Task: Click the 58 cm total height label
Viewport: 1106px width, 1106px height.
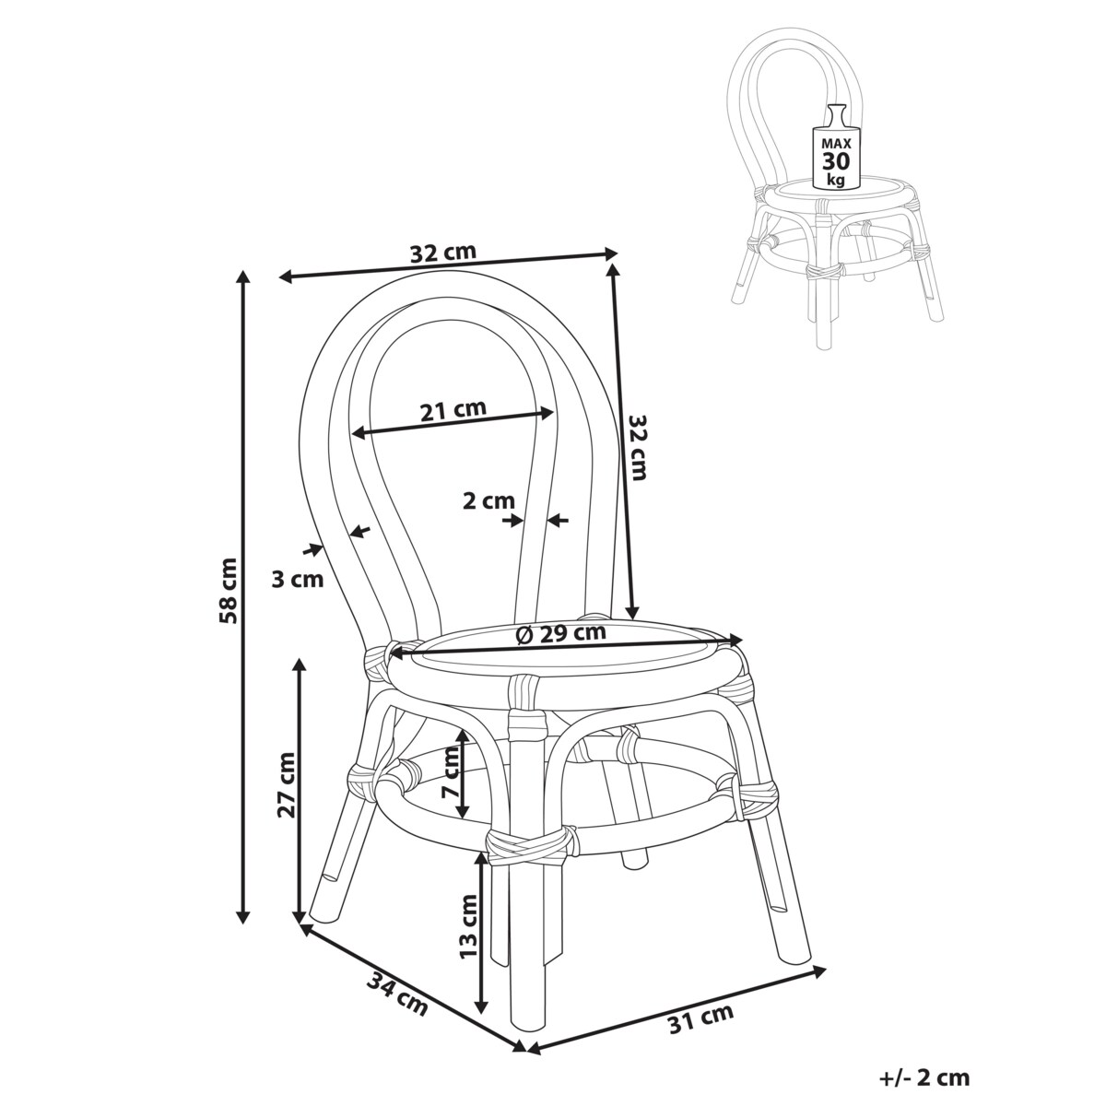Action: [x=228, y=590]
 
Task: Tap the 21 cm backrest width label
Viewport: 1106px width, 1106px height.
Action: [x=453, y=410]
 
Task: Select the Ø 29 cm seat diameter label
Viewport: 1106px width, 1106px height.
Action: [x=560, y=633]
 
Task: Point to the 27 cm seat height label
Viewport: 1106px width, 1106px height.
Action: [x=286, y=785]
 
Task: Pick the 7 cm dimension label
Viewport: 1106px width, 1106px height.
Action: [x=451, y=773]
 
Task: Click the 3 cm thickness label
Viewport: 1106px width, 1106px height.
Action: [x=298, y=580]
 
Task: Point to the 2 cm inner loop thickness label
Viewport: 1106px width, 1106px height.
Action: [x=489, y=501]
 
